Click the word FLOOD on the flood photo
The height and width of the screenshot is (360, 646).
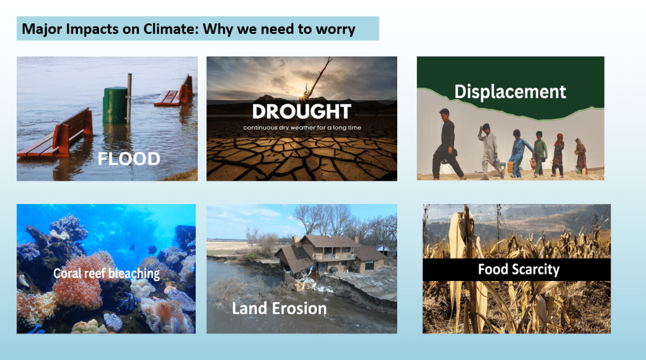coord(129,159)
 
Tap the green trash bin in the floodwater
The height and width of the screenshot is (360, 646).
coord(115,105)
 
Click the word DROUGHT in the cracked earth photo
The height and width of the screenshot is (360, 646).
coord(302,112)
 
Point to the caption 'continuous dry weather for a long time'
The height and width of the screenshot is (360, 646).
coord(302,128)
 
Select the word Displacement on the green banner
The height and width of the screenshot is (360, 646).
coord(510,92)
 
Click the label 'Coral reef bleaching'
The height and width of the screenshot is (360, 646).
coord(106,273)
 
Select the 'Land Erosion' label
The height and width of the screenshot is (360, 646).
coord(279,308)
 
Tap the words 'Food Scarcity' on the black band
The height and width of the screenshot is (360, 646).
coord(518,270)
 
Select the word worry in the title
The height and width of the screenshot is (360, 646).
coord(335,30)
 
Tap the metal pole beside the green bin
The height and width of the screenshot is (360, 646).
coord(129,98)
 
